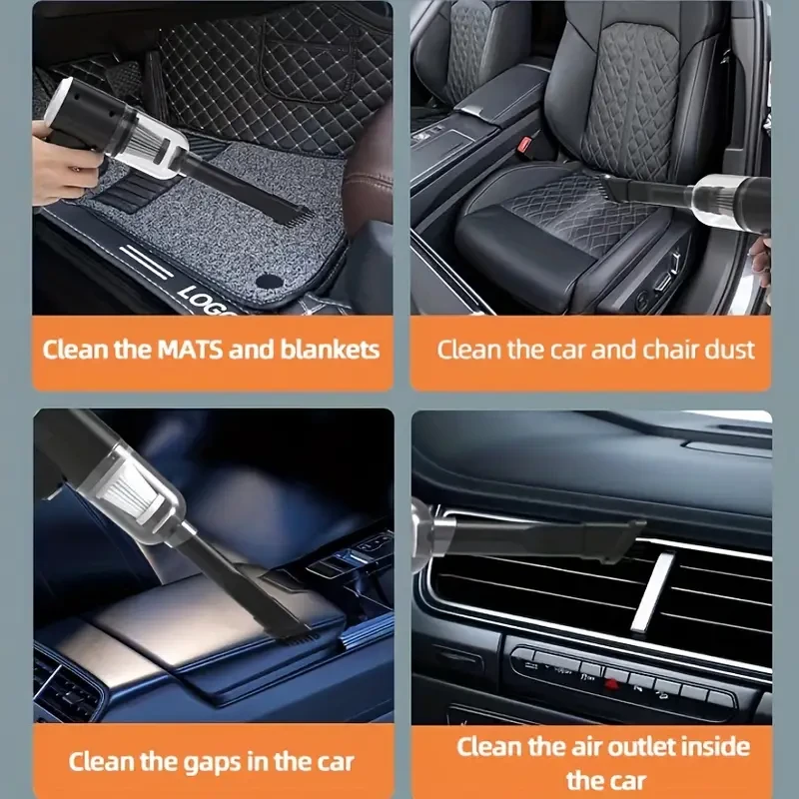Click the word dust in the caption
coord(732,350)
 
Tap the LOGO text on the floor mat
coord(205,300)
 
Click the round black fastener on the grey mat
coord(267,281)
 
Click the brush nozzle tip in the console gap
coord(290,624)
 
